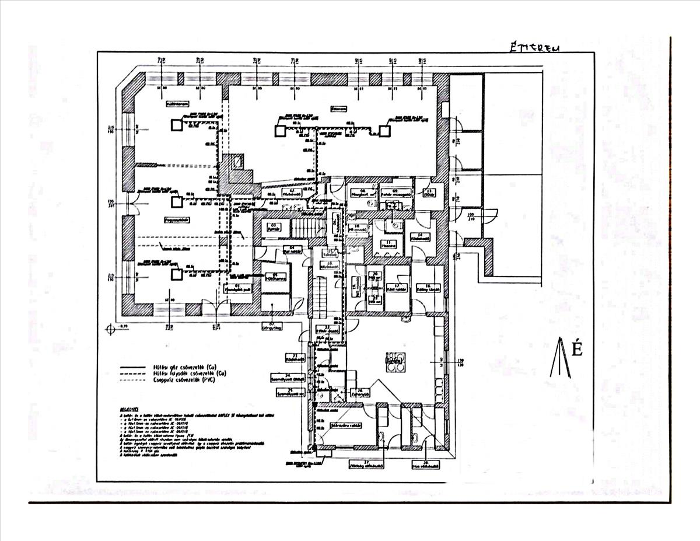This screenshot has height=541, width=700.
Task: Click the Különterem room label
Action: [x=176, y=106]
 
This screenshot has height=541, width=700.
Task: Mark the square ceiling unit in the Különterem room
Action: [x=176, y=124]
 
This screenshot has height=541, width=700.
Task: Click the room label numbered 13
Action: [x=428, y=194]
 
